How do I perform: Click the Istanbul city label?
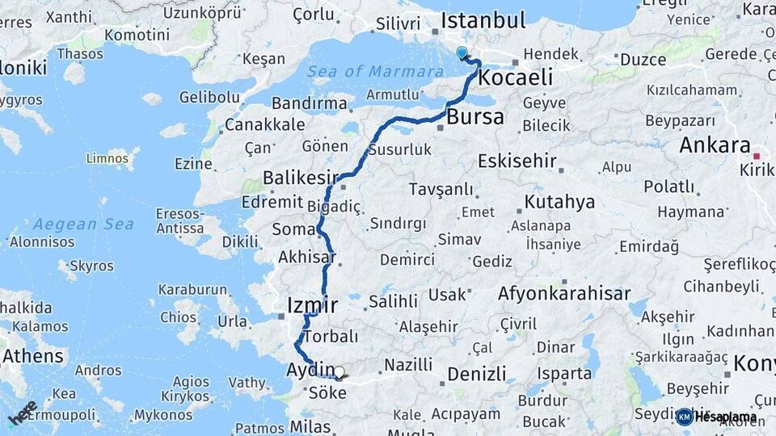click(x=483, y=20)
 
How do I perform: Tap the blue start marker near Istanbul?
click(x=462, y=53)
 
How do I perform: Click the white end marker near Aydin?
click(x=339, y=373)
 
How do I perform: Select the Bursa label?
click(x=475, y=117)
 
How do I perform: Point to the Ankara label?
click(x=715, y=146)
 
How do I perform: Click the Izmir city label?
click(x=312, y=305)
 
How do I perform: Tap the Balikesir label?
click(x=299, y=178)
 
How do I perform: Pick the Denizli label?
click(x=476, y=374)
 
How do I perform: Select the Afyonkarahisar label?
click(x=564, y=294)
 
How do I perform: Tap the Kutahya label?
click(x=559, y=202)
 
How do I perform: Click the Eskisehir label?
click(x=517, y=161)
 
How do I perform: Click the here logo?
click(x=23, y=413)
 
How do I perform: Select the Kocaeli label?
click(x=516, y=78)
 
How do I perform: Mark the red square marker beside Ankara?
click(x=757, y=155)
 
